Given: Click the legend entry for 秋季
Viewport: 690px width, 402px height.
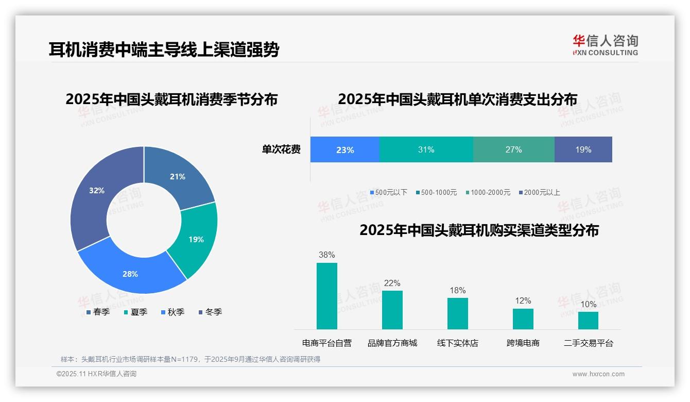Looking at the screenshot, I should (172, 312).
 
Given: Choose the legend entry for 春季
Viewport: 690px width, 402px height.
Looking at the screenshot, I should (97, 312).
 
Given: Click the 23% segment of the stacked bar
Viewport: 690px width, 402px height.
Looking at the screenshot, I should (344, 150).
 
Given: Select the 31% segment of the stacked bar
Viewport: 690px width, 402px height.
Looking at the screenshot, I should (426, 150).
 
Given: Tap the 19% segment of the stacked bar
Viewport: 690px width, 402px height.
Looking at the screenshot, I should (583, 150).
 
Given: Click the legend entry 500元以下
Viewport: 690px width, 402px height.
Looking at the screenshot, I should (388, 193).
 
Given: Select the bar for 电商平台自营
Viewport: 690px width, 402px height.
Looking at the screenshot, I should (326, 296).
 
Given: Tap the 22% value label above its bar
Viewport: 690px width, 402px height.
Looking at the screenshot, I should (392, 283).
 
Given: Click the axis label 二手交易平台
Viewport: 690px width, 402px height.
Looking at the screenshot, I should (588, 343).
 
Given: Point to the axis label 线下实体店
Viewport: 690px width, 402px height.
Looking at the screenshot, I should (457, 343).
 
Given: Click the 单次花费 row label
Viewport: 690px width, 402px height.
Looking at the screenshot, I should (281, 150).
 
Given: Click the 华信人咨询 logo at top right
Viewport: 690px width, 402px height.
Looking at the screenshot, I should (605, 45).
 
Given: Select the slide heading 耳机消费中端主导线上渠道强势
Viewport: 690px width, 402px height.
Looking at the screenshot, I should (164, 50).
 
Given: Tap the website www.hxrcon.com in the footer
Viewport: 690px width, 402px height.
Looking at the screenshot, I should (598, 374).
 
